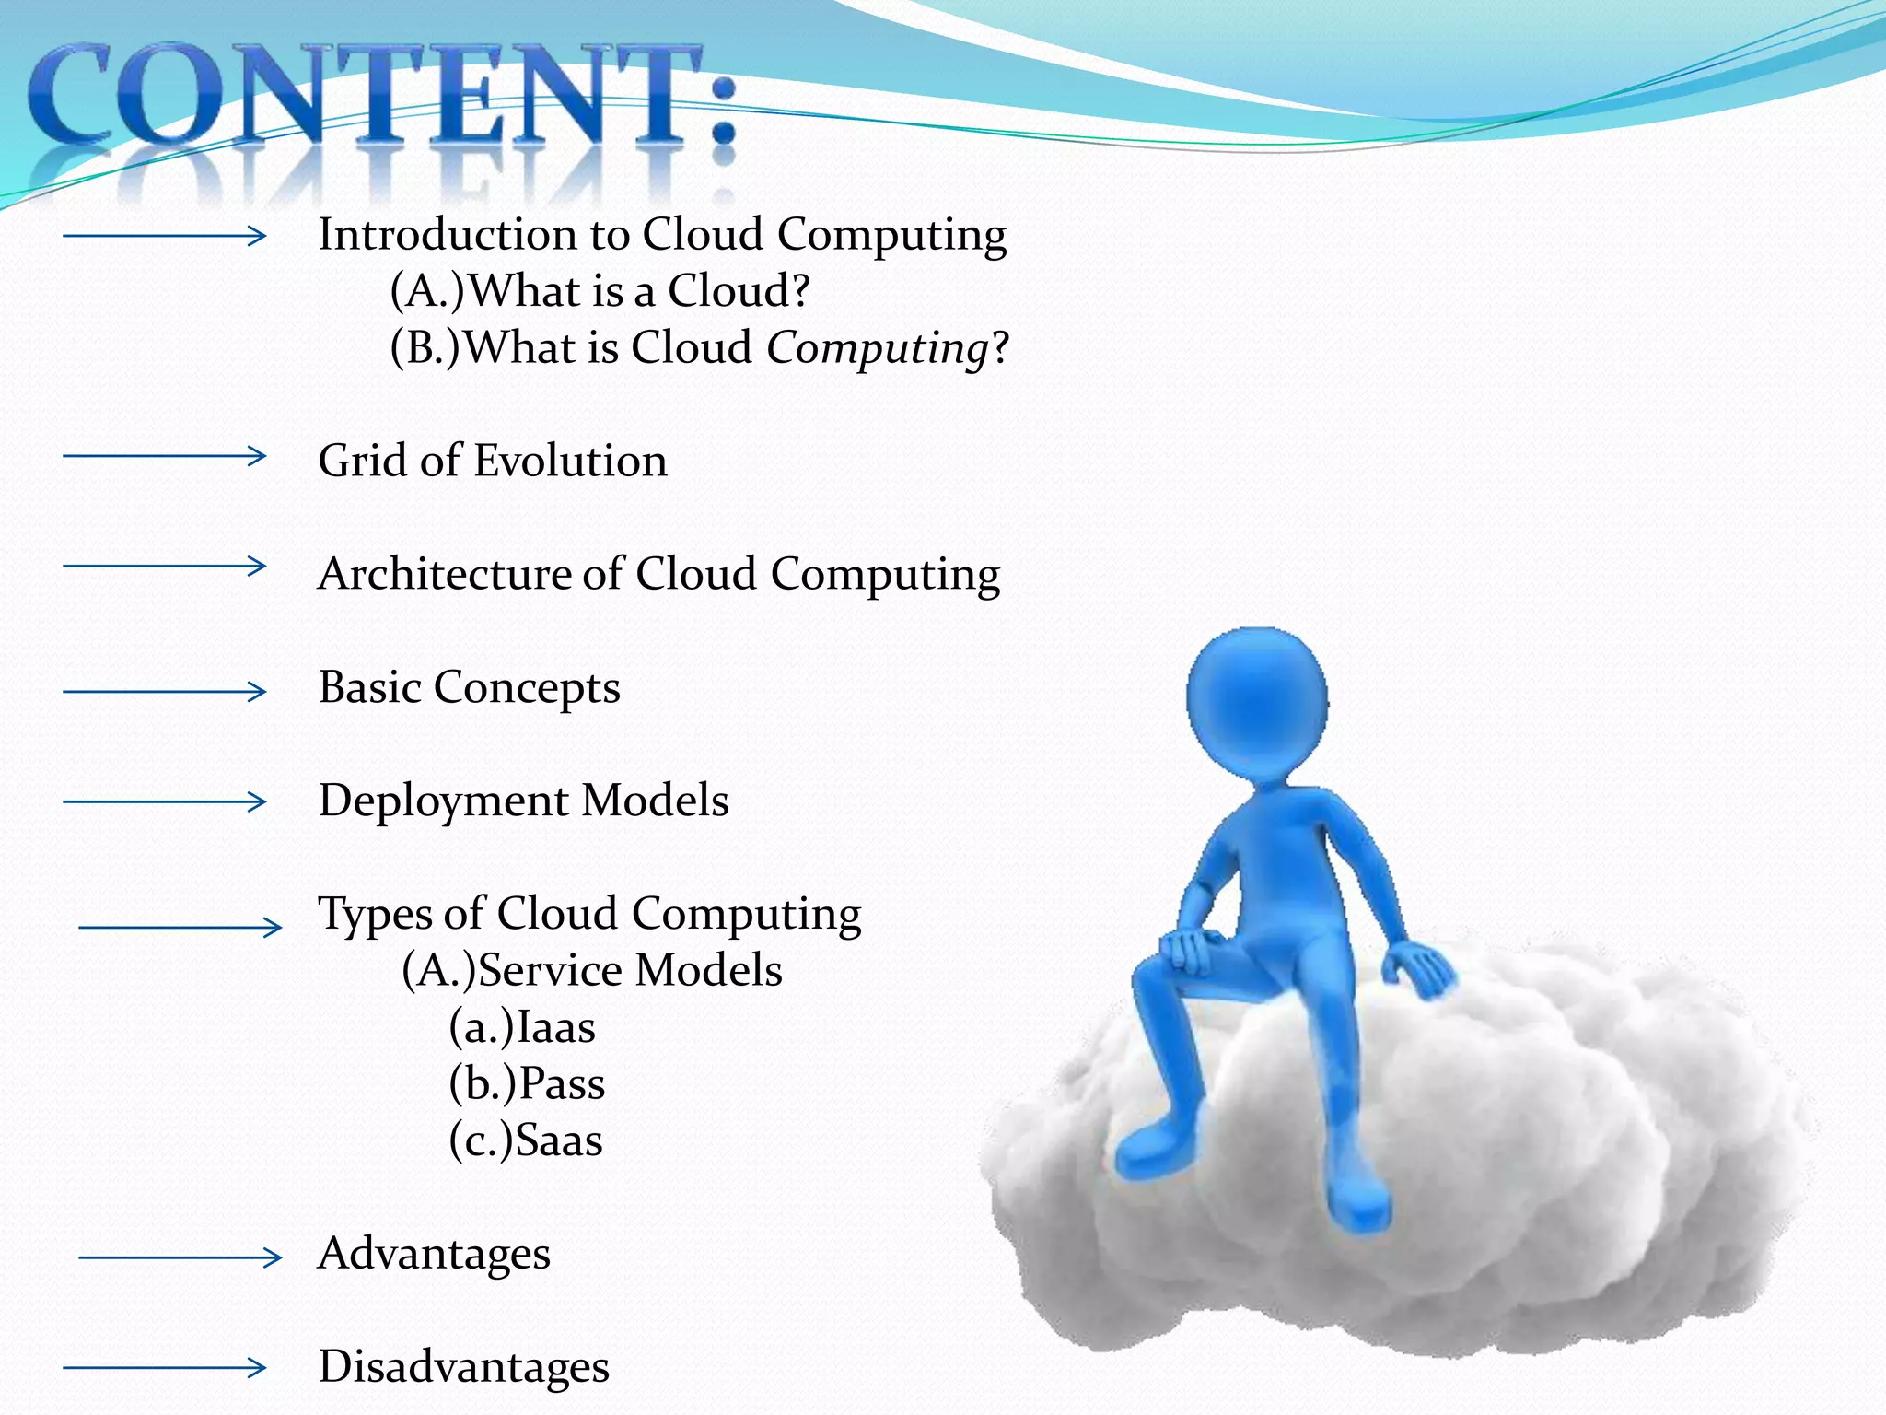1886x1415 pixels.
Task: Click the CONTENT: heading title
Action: (x=382, y=97)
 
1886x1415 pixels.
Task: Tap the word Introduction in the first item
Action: (x=448, y=234)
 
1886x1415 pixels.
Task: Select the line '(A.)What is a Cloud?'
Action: (x=600, y=291)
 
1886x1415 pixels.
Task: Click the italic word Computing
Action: (x=877, y=349)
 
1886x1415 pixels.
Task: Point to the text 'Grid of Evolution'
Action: (x=493, y=461)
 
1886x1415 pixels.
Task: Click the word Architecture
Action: (x=444, y=574)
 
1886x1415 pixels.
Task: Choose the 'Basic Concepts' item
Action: (x=470, y=687)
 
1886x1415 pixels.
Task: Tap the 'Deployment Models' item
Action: (x=523, y=801)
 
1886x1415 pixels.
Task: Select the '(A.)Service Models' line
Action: (x=592, y=971)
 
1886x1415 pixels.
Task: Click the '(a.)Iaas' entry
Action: (x=522, y=1028)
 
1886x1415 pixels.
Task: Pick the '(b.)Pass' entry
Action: (x=527, y=1084)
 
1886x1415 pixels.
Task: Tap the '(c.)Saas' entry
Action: (x=526, y=1141)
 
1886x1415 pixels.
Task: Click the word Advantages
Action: (x=434, y=1254)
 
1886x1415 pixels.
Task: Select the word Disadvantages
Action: (x=463, y=1367)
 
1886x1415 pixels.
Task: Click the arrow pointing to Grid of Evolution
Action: (x=164, y=455)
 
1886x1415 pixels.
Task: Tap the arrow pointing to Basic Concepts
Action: (x=164, y=691)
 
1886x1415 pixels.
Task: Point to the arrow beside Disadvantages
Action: (x=164, y=1368)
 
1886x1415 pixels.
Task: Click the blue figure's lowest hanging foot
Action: (x=1358, y=1207)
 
